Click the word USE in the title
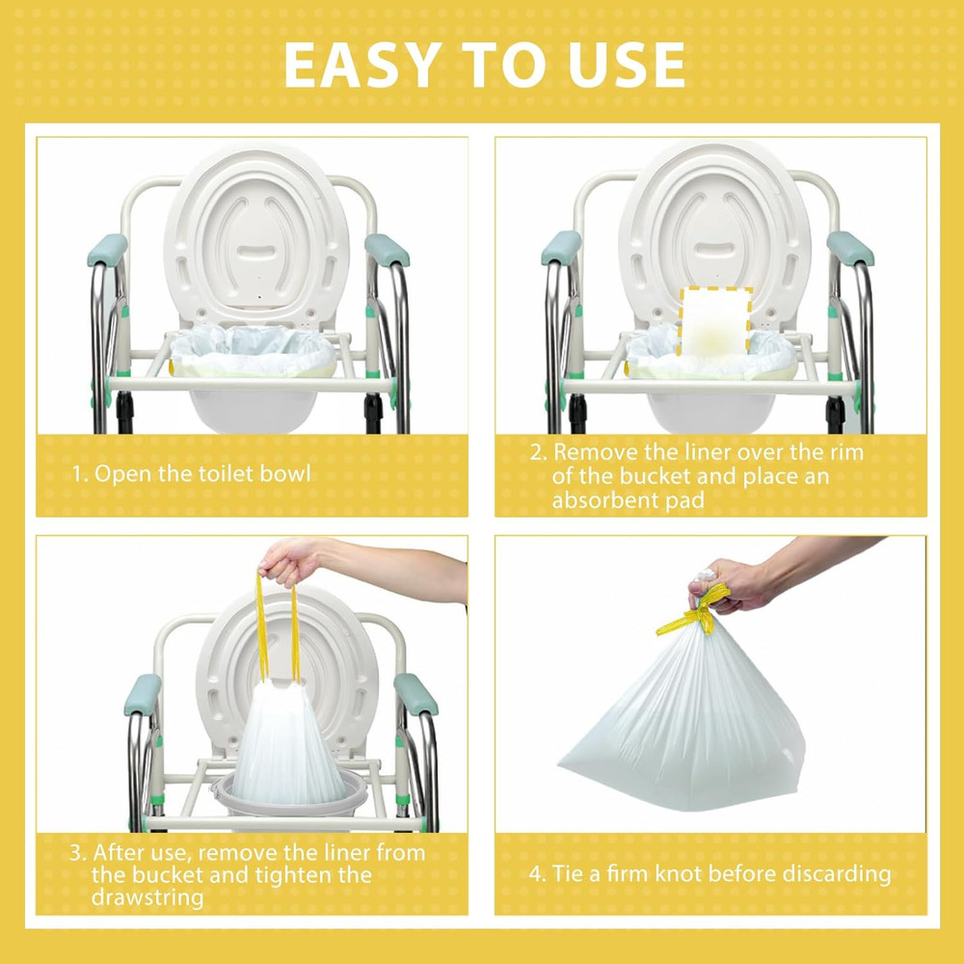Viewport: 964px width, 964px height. tap(625, 66)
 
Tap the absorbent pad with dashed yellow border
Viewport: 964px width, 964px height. tap(714, 320)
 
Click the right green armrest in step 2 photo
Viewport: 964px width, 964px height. tap(849, 248)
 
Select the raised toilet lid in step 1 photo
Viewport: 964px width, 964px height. tap(256, 231)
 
